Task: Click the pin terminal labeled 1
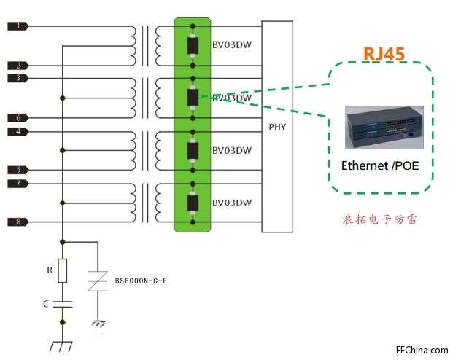(18, 26)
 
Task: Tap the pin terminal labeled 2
(18, 66)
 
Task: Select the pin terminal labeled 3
(18, 77)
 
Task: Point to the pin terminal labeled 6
(18, 117)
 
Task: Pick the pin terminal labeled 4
(18, 131)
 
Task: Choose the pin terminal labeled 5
(18, 170)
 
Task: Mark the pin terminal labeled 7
(18, 182)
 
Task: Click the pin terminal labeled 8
(18, 222)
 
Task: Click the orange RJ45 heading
(384, 53)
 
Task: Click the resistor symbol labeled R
(63, 270)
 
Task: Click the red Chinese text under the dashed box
(379, 219)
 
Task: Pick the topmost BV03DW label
(231, 45)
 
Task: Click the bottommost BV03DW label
(231, 202)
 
